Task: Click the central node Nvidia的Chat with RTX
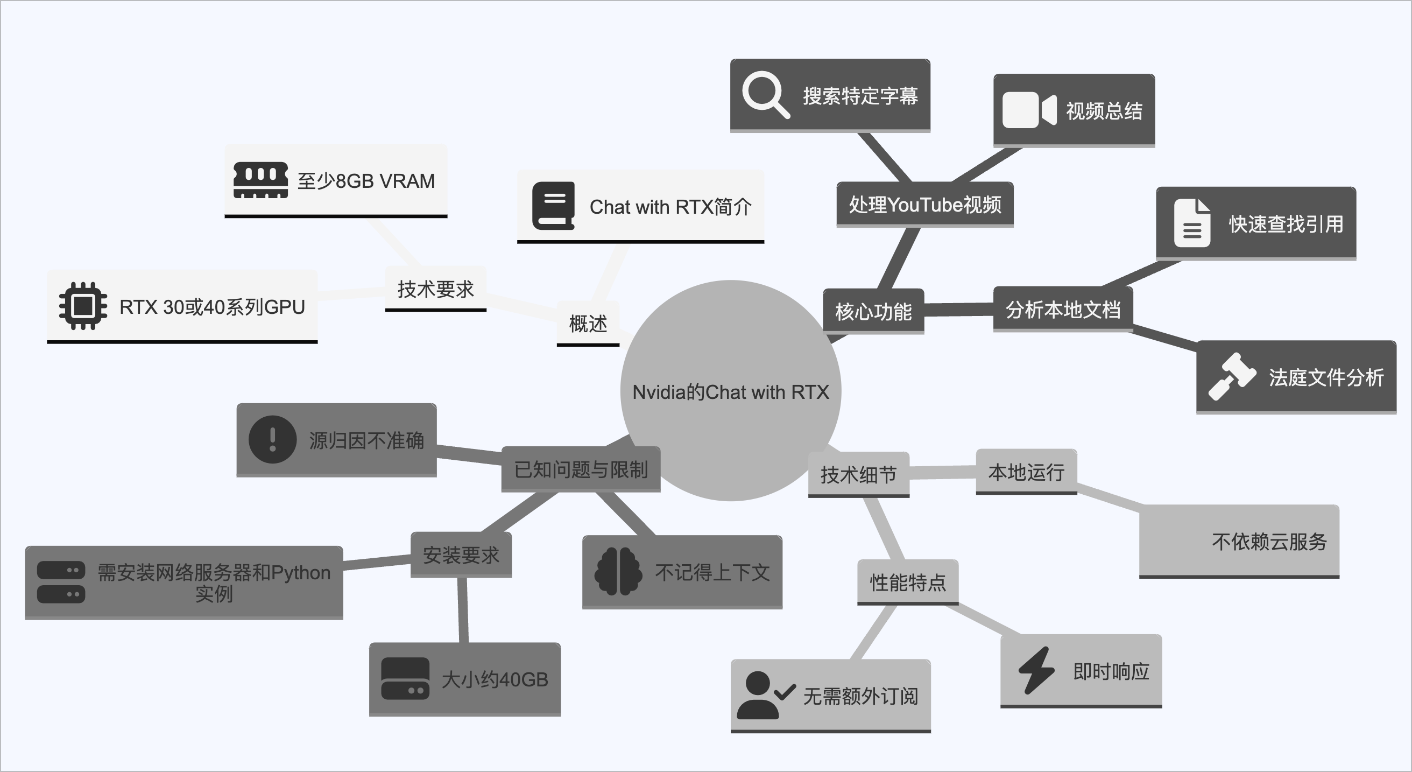click(x=730, y=391)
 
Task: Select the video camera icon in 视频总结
click(x=1029, y=110)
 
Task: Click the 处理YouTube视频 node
click(x=924, y=205)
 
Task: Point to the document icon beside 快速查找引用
click(x=1192, y=223)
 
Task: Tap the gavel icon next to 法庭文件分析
click(x=1231, y=377)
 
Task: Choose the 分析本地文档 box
click(x=1062, y=310)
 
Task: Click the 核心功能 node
click(x=873, y=311)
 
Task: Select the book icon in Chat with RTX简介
click(x=553, y=206)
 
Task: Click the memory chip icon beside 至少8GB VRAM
click(x=260, y=180)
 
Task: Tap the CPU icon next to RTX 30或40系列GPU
click(x=83, y=306)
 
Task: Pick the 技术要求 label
click(x=435, y=289)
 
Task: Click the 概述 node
click(x=588, y=324)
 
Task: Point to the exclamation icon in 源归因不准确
click(x=272, y=439)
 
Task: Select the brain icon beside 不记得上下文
click(x=618, y=572)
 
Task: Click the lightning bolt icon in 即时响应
click(x=1036, y=670)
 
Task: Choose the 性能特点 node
click(x=907, y=582)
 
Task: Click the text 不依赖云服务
click(x=1269, y=542)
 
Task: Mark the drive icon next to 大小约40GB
click(x=405, y=679)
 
